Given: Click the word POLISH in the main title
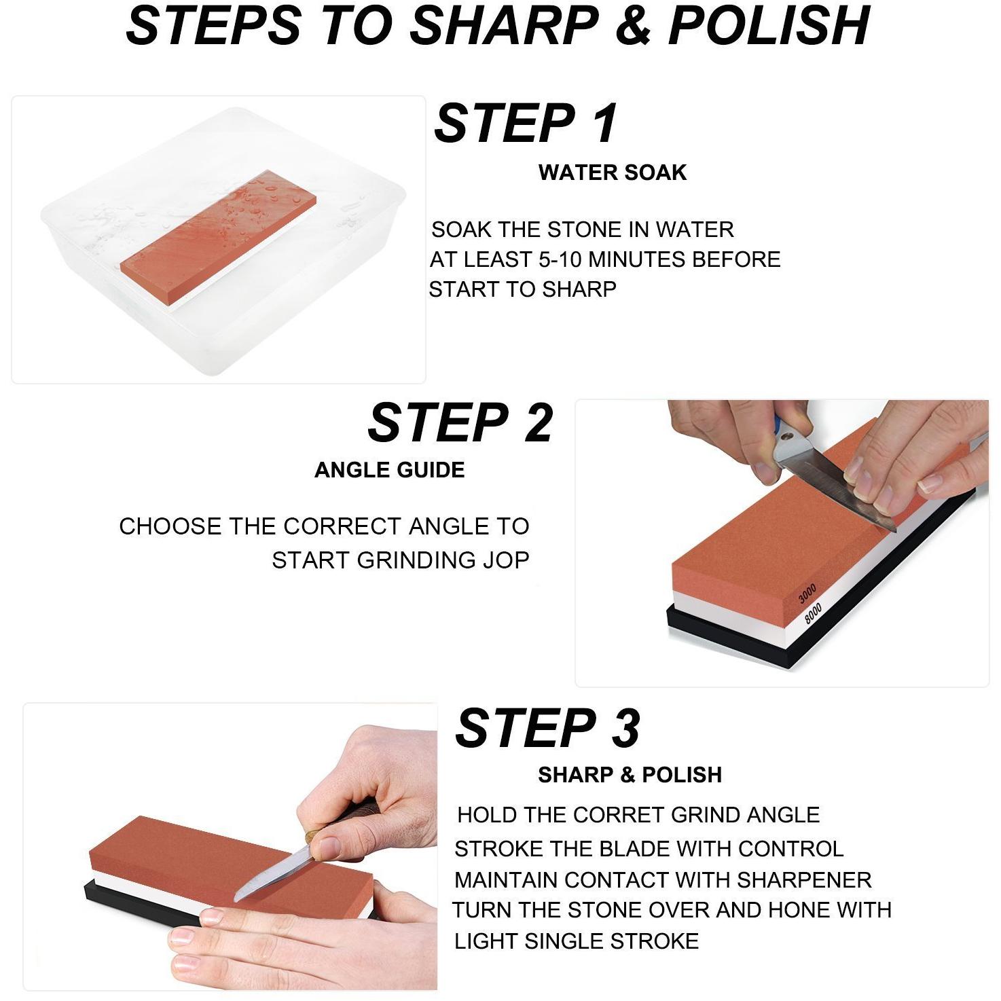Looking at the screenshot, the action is point(769,25).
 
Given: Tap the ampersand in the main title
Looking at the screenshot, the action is point(633,25).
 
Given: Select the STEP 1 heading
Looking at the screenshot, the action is point(526,123).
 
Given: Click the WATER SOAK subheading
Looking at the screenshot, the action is point(613,172).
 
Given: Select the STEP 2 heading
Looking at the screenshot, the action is point(460,422).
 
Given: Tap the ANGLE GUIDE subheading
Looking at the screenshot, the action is point(390,470).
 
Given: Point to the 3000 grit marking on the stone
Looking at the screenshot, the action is point(807,594).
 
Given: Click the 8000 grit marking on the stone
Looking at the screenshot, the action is point(813,613).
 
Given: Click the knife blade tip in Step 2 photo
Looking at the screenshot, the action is point(894,530).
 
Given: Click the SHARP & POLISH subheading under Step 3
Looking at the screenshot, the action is point(630,774).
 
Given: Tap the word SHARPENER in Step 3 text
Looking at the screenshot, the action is point(804,880).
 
